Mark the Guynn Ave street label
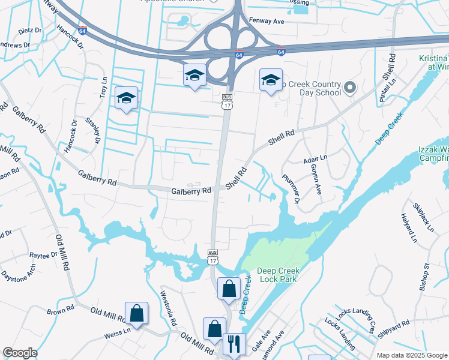click(x=315, y=182)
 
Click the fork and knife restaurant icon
click(x=234, y=344)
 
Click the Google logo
click(x=20, y=353)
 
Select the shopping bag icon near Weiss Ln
click(x=137, y=313)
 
